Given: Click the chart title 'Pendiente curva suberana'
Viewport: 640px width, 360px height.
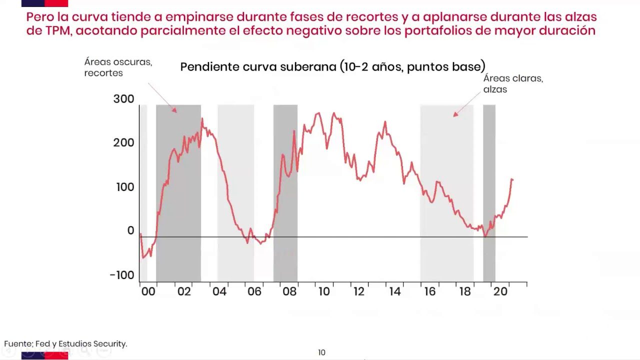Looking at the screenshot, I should click(x=332, y=67).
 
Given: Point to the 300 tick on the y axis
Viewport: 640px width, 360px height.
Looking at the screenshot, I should click(x=123, y=99).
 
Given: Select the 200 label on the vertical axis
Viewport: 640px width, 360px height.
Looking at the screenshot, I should click(x=123, y=142).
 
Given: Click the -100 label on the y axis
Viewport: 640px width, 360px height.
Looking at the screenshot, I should click(x=122, y=275).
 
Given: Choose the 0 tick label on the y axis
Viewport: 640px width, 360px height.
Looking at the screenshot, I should click(x=130, y=230).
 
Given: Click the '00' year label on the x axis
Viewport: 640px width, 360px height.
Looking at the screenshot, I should click(x=148, y=291).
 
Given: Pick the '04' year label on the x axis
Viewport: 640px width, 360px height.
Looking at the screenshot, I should click(x=219, y=291).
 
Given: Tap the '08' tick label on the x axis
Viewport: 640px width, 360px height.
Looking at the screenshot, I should click(x=289, y=291).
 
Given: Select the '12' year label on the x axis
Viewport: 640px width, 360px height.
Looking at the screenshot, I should click(x=359, y=291).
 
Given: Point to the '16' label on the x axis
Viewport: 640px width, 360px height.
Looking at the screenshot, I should click(x=429, y=291).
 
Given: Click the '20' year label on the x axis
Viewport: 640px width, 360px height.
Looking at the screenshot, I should click(x=500, y=291).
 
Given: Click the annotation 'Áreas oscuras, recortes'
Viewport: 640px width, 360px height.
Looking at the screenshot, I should click(x=118, y=67).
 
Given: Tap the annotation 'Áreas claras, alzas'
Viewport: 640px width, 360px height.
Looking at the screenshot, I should click(x=512, y=84).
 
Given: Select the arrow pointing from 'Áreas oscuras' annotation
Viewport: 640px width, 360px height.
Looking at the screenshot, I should click(x=162, y=97).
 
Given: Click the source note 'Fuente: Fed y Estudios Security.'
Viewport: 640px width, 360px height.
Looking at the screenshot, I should click(x=65, y=344).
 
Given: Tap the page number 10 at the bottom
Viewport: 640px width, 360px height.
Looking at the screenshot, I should click(x=321, y=352).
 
